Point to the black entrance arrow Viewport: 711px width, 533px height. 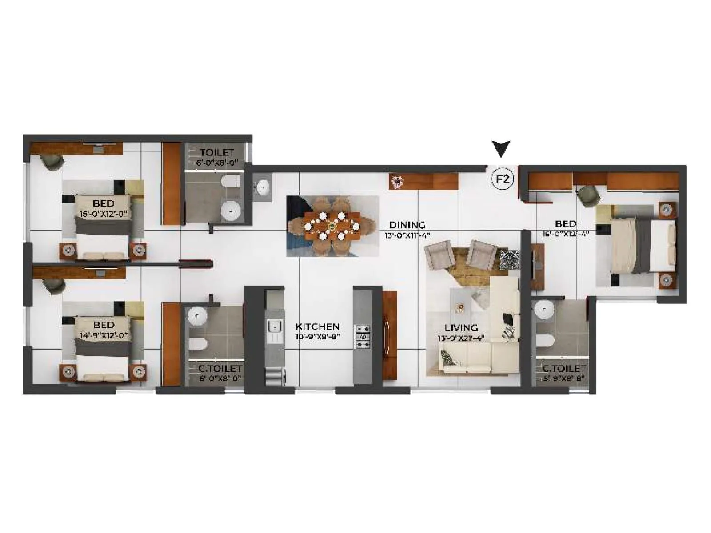[501, 149]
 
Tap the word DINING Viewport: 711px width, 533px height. [407, 225]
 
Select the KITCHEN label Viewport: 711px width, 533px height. [317, 327]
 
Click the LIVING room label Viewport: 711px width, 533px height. [461, 328]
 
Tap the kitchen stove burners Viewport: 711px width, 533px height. [363, 336]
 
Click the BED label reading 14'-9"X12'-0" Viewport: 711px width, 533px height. [104, 326]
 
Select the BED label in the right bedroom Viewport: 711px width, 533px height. [565, 224]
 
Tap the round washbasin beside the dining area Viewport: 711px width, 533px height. [263, 187]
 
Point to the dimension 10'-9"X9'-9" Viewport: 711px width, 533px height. [317, 337]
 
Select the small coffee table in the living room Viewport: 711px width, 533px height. [461, 307]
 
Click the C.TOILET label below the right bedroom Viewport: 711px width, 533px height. [563, 369]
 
